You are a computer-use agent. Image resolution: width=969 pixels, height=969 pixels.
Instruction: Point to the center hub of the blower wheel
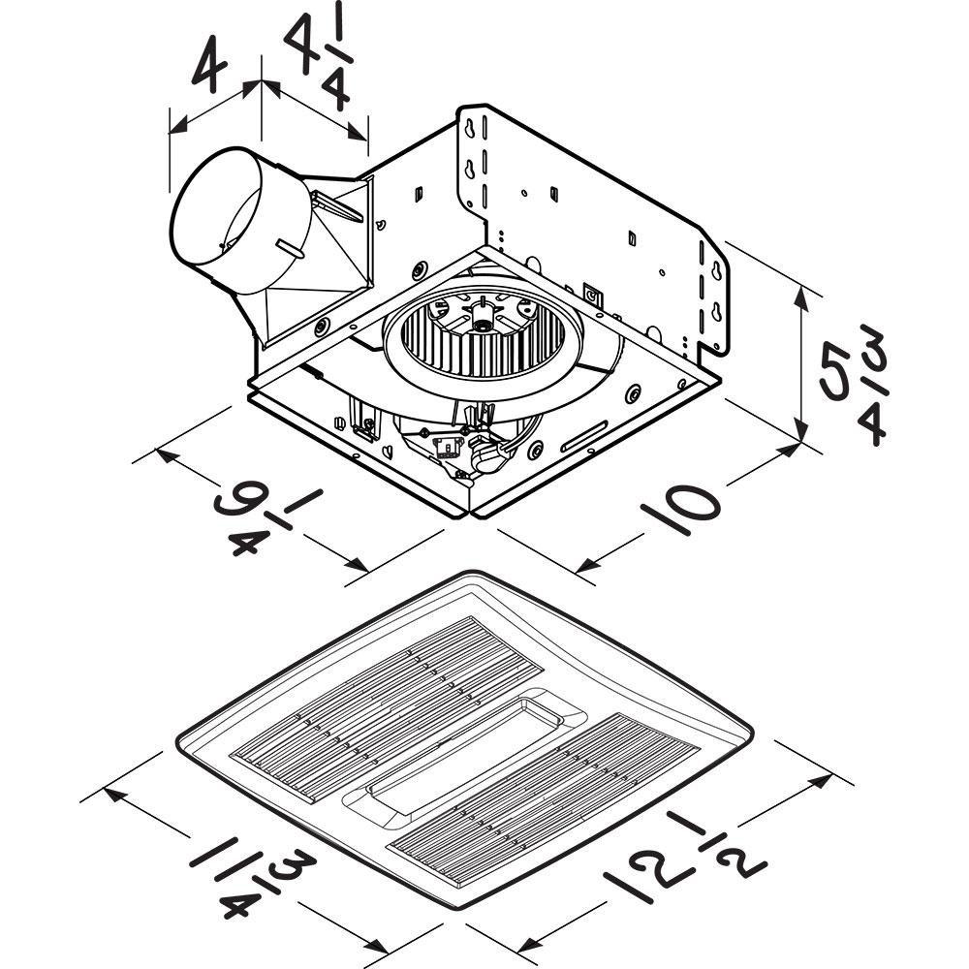coord(480,315)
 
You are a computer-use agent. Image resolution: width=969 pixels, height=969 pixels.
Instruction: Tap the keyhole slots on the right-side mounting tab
coord(715,291)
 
